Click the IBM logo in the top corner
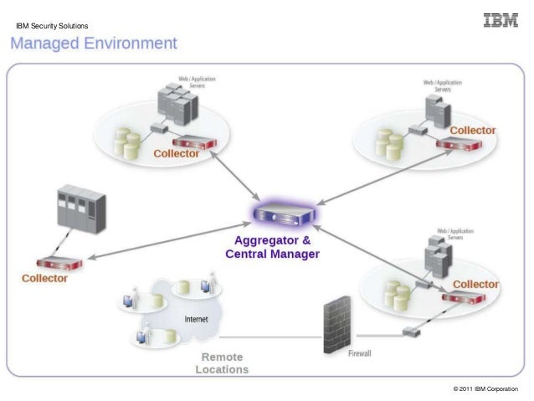point(500,20)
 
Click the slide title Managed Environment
point(94,43)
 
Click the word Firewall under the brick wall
point(359,354)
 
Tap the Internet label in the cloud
point(196,319)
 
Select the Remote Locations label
point(222,362)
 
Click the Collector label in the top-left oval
point(176,154)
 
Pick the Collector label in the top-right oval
point(473,131)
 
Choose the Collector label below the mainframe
point(44,278)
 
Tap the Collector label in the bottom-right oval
point(475,284)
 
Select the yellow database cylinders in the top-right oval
point(389,142)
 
